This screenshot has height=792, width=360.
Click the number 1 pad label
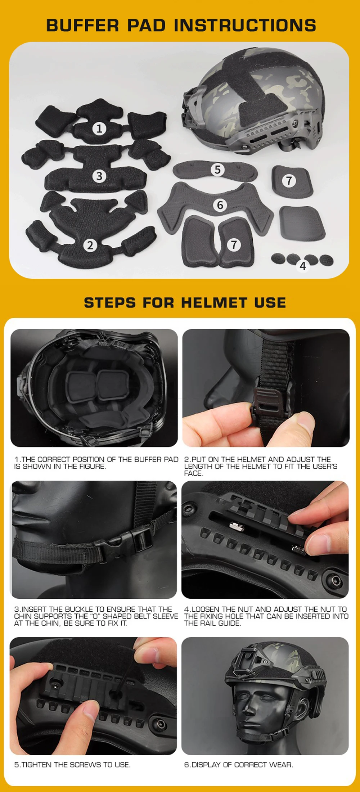[x=100, y=129]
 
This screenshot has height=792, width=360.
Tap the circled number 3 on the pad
[x=99, y=176]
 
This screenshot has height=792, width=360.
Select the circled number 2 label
[x=90, y=245]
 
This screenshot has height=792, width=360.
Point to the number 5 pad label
[x=217, y=169]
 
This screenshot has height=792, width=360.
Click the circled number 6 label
[x=220, y=205]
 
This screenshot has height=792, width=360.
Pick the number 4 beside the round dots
[x=303, y=266]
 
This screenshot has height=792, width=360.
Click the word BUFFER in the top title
[x=82, y=26]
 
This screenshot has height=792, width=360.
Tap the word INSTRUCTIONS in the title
[x=245, y=26]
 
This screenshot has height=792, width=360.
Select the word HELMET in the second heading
[x=214, y=303]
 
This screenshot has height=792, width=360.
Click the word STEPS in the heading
[x=110, y=303]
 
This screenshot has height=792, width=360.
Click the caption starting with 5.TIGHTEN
[x=72, y=765]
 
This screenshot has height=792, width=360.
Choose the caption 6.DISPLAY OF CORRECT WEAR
[x=239, y=765]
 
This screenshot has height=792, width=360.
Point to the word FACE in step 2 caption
[x=193, y=473]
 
